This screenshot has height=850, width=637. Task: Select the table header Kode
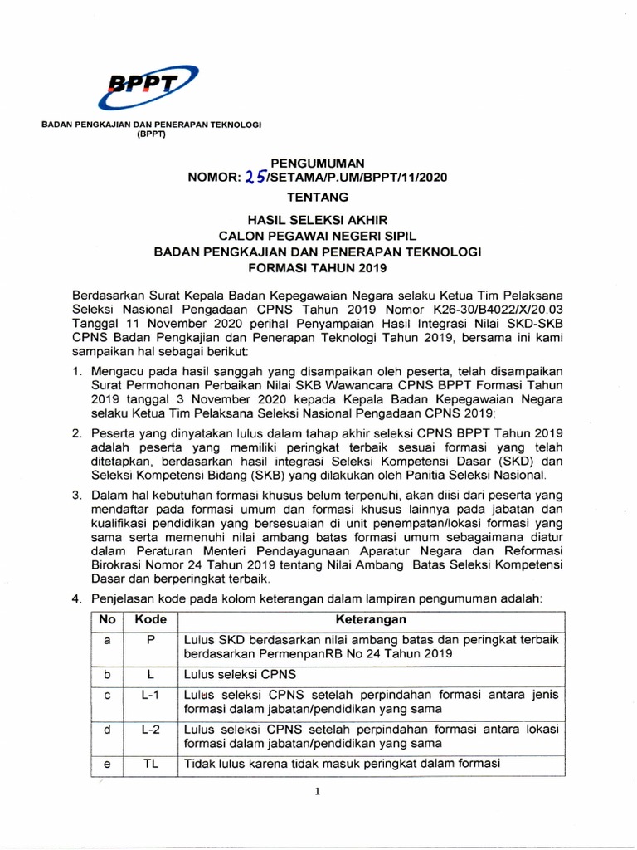pyautogui.click(x=150, y=620)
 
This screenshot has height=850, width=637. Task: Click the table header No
pyautogui.click(x=106, y=620)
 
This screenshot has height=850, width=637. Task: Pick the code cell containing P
pyautogui.click(x=150, y=639)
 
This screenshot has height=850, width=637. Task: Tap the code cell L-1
pyautogui.click(x=150, y=694)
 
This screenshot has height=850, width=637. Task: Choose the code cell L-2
pyautogui.click(x=150, y=730)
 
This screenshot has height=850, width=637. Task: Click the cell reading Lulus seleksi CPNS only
pyautogui.click(x=236, y=675)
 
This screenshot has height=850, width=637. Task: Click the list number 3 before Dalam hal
pyautogui.click(x=75, y=495)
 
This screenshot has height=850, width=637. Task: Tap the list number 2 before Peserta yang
pyautogui.click(x=75, y=432)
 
